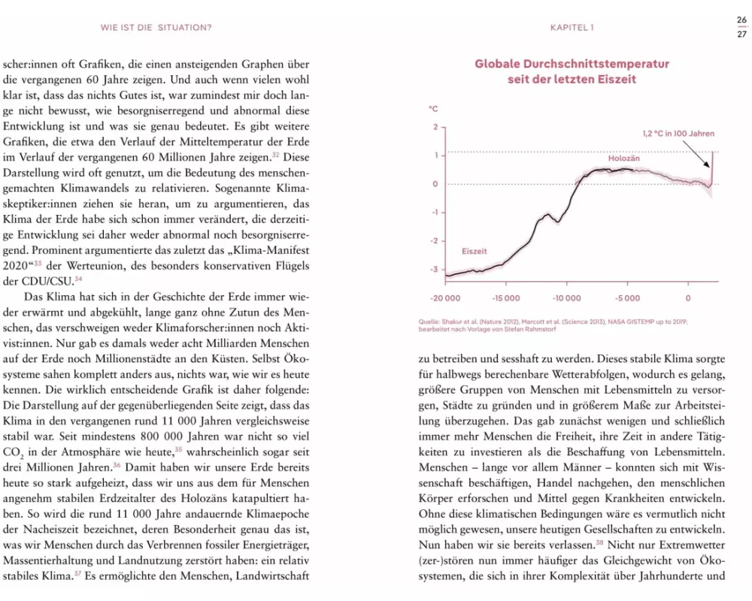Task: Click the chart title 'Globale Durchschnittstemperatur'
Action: (x=572, y=64)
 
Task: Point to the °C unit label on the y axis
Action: (x=433, y=110)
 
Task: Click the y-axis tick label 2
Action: (x=435, y=127)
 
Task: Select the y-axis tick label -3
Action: (x=434, y=269)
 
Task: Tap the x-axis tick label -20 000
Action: (x=445, y=298)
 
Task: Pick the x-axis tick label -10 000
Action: (x=566, y=298)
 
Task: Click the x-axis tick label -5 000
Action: (x=627, y=298)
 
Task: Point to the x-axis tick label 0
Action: (x=688, y=298)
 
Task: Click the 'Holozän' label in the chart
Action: (x=623, y=159)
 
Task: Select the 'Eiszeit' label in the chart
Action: (x=475, y=251)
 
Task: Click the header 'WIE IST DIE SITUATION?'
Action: (x=156, y=28)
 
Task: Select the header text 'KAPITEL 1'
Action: (x=572, y=28)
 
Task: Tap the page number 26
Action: (x=741, y=20)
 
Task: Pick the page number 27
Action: (x=741, y=34)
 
